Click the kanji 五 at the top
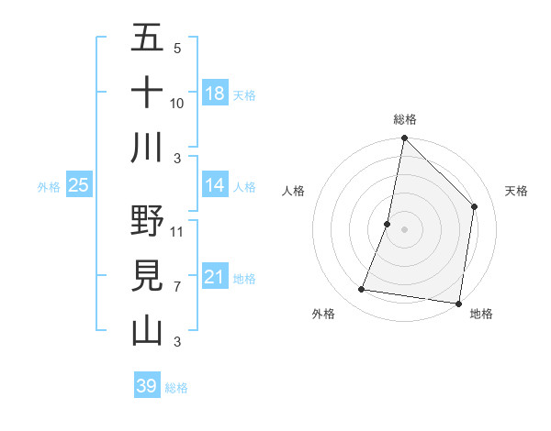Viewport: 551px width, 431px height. click(147, 39)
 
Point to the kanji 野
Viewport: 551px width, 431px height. click(147, 222)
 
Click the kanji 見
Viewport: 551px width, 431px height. click(147, 276)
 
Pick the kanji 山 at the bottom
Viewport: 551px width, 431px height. click(147, 330)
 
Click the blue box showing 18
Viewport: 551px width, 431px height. click(214, 93)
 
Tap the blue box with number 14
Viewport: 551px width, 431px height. click(214, 185)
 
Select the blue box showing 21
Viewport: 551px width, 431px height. click(214, 276)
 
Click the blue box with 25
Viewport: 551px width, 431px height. click(78, 185)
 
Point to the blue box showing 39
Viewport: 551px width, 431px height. click(146, 386)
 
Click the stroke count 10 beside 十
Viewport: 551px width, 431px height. click(177, 103)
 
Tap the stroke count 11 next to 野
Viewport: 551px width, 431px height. click(177, 231)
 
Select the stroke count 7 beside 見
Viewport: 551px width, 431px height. click(177, 286)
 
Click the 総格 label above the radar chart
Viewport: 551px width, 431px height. click(405, 119)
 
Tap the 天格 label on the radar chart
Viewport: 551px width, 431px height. click(517, 191)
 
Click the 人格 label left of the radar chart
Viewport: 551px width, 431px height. click(293, 191)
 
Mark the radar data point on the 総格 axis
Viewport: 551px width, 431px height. click(404, 139)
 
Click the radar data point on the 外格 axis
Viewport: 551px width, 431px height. click(362, 290)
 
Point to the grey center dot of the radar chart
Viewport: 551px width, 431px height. click(404, 229)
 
